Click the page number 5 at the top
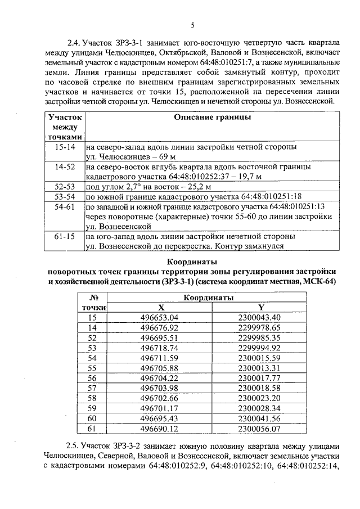pyautogui.click(x=192, y=25)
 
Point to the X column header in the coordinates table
pyautogui.click(x=162, y=308)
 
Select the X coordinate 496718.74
pyautogui.click(x=163, y=348)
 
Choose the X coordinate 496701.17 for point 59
pyautogui.click(x=163, y=408)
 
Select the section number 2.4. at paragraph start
pyautogui.click(x=74, y=42)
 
